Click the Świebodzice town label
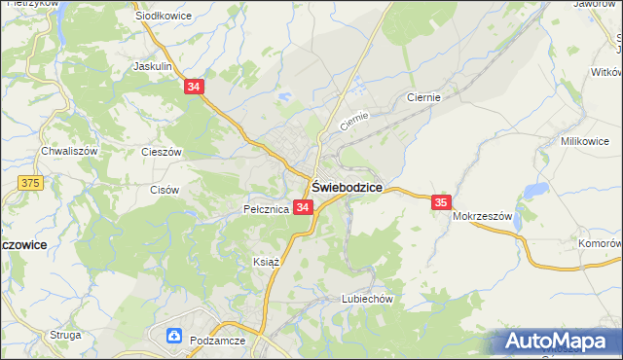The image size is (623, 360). [346, 187]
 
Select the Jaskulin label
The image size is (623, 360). [153, 67]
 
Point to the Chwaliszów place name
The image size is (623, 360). [68, 152]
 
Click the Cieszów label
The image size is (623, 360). [162, 153]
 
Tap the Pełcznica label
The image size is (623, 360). [265, 209]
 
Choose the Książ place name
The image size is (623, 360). [266, 263]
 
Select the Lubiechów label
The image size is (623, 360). [366, 300]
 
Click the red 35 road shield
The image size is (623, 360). [441, 201]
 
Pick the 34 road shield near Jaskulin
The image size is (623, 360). [195, 87]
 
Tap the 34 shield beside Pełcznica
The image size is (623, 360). [303, 208]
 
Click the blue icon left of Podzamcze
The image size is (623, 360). [175, 337]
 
